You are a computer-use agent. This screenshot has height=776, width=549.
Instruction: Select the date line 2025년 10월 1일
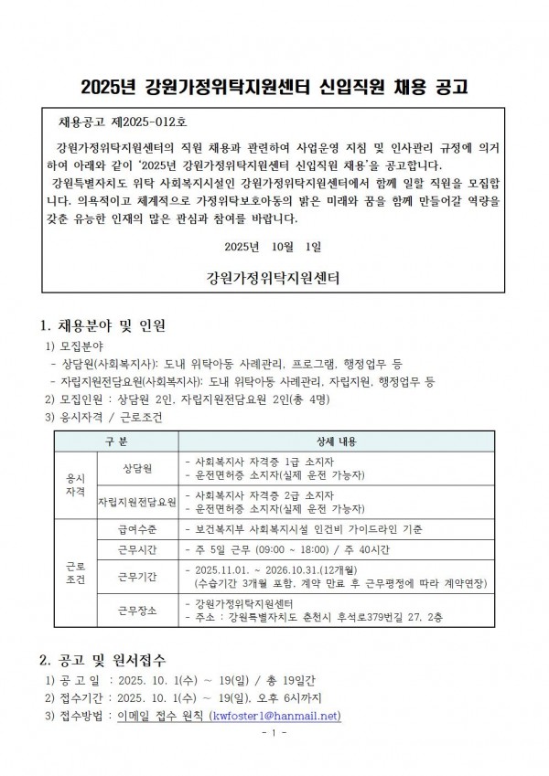[274, 247]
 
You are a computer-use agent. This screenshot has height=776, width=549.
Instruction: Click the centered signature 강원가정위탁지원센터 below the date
[274, 276]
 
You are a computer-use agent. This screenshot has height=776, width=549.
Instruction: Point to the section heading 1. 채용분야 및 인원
[102, 325]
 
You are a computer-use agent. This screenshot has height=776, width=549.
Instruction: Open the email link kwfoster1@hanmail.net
[274, 716]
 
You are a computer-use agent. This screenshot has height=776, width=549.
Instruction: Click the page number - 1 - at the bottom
[274, 734]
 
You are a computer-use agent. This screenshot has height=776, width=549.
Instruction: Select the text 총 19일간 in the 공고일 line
[266, 682]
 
